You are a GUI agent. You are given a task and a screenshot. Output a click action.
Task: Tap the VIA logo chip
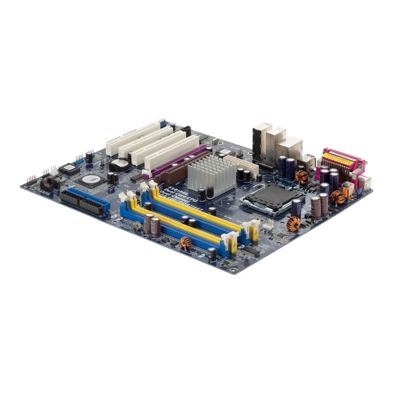click(x=92, y=179)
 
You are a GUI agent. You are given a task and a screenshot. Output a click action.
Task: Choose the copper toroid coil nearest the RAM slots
click(x=185, y=242)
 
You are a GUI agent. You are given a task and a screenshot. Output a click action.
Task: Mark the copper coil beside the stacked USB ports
click(x=302, y=177)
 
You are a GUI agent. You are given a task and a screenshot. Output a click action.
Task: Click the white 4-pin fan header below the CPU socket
click(x=268, y=223)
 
